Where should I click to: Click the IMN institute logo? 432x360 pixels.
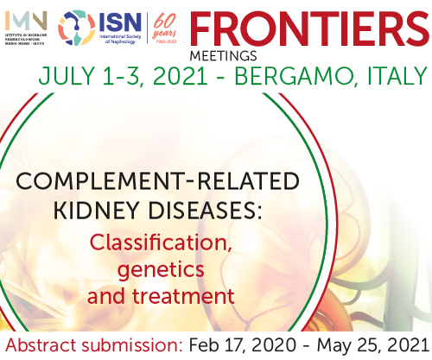coord(23,28)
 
